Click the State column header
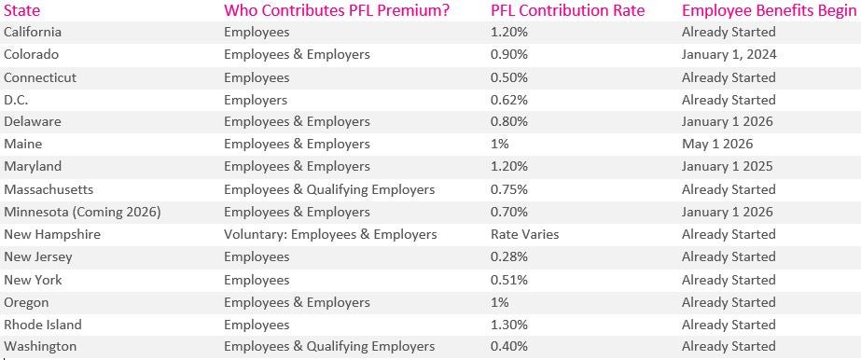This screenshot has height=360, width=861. pyautogui.click(x=22, y=11)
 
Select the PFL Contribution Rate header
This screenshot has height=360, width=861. pyautogui.click(x=567, y=11)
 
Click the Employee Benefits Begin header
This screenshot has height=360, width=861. pyautogui.click(x=770, y=11)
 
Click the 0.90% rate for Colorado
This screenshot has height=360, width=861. pyautogui.click(x=509, y=54)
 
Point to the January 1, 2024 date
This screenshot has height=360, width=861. pyautogui.click(x=729, y=54)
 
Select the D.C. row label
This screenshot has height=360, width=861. pyautogui.click(x=17, y=100)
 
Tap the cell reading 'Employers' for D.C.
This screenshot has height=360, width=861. pyautogui.click(x=256, y=100)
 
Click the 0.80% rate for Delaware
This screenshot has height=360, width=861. pyautogui.click(x=509, y=122)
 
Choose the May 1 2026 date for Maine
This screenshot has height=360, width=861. pyautogui.click(x=717, y=145)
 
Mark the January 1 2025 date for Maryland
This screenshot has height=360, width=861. pyautogui.click(x=727, y=167)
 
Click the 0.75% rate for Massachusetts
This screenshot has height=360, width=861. pyautogui.click(x=509, y=189)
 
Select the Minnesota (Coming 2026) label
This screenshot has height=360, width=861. pyautogui.click(x=82, y=212)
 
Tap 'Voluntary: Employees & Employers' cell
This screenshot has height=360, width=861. pyautogui.click(x=330, y=234)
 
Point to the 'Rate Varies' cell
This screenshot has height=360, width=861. pyautogui.click(x=524, y=234)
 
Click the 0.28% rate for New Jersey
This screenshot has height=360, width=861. pyautogui.click(x=509, y=257)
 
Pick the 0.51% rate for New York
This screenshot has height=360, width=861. pyautogui.click(x=509, y=280)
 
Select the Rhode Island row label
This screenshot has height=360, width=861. pyautogui.click(x=43, y=325)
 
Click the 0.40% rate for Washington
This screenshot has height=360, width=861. pyautogui.click(x=509, y=347)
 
